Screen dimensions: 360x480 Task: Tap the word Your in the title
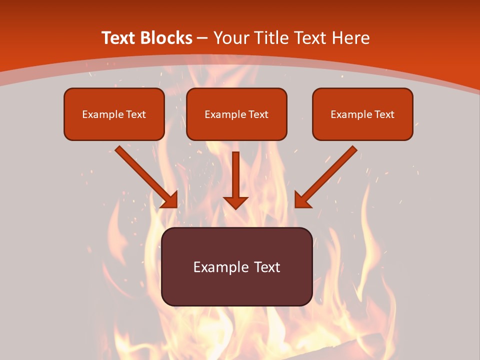tap(232, 38)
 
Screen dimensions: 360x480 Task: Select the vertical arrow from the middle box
tap(235, 175)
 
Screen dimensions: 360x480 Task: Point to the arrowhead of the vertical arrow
tap(235, 202)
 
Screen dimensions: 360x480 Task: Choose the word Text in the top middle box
tap(258, 114)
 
